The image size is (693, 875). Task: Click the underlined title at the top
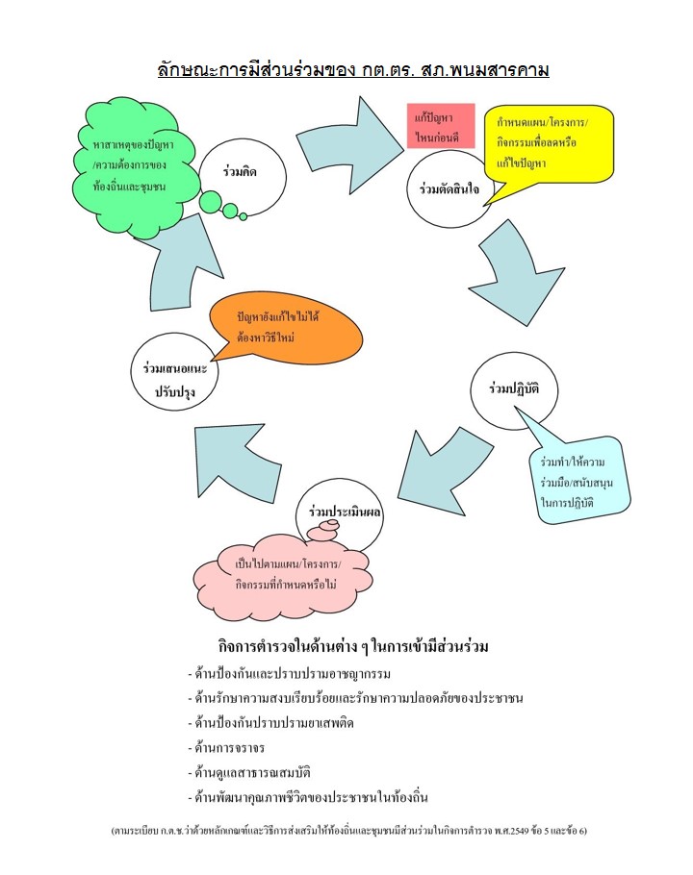352,70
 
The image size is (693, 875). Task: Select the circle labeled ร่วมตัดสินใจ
449,188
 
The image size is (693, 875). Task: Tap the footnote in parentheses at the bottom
348,830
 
